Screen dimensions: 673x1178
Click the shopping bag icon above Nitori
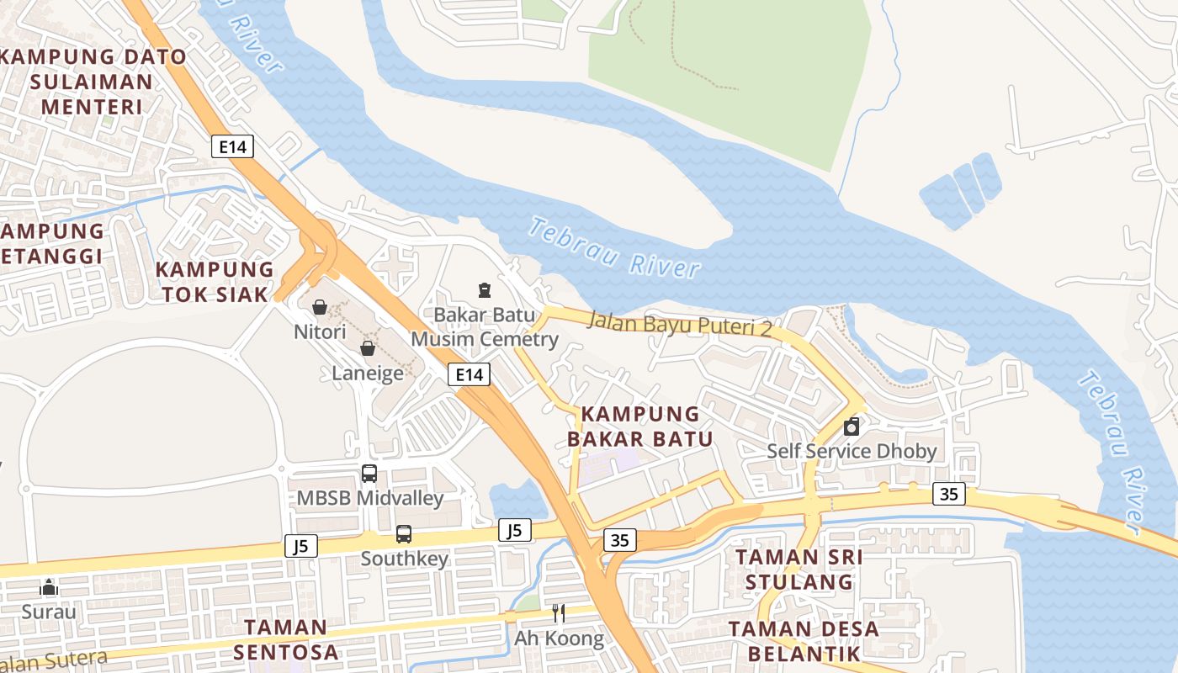320,307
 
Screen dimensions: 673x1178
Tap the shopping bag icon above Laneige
368,347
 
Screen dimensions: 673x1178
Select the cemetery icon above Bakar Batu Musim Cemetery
485,290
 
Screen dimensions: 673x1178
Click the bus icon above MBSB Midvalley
369,473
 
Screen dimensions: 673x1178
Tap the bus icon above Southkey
404,533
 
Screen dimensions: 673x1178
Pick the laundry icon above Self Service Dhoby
852,427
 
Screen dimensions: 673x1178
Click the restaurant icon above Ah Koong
559,613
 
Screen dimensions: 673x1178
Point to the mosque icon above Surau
49,586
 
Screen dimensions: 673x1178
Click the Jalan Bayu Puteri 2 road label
679,323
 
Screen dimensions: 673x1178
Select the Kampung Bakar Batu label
639,427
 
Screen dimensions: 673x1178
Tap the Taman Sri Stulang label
799,570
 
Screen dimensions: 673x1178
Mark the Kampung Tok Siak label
215,282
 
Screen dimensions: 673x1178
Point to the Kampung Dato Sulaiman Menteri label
93,82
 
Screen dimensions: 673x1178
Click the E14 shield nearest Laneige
469,374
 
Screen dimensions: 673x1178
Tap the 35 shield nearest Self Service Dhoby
948,494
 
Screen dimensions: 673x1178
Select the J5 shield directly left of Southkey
301,546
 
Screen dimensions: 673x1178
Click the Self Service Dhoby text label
852,452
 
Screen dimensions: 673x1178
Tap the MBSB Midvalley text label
369,498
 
